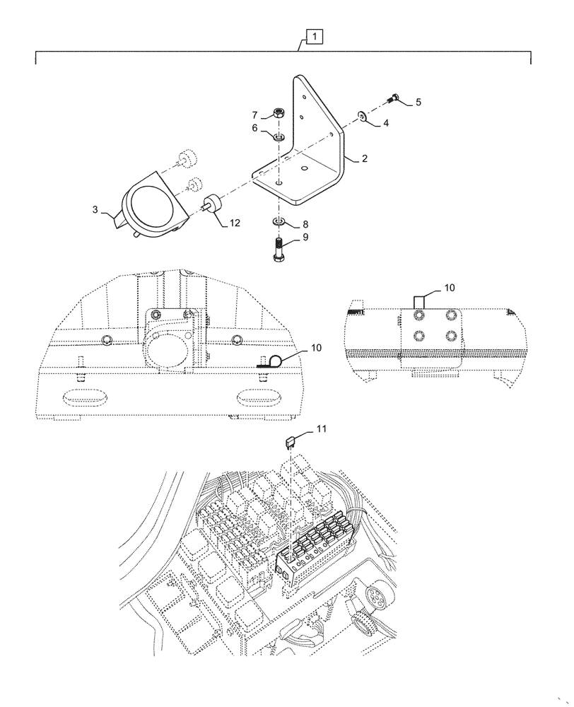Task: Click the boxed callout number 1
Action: (312, 35)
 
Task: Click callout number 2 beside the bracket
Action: (364, 159)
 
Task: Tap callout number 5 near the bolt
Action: (418, 102)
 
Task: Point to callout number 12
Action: (235, 223)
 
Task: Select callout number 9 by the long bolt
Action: (305, 238)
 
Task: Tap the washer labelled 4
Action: (362, 116)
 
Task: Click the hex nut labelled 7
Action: (279, 113)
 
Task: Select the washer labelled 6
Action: (279, 136)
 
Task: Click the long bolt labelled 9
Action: (279, 250)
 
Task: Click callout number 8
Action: (305, 223)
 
